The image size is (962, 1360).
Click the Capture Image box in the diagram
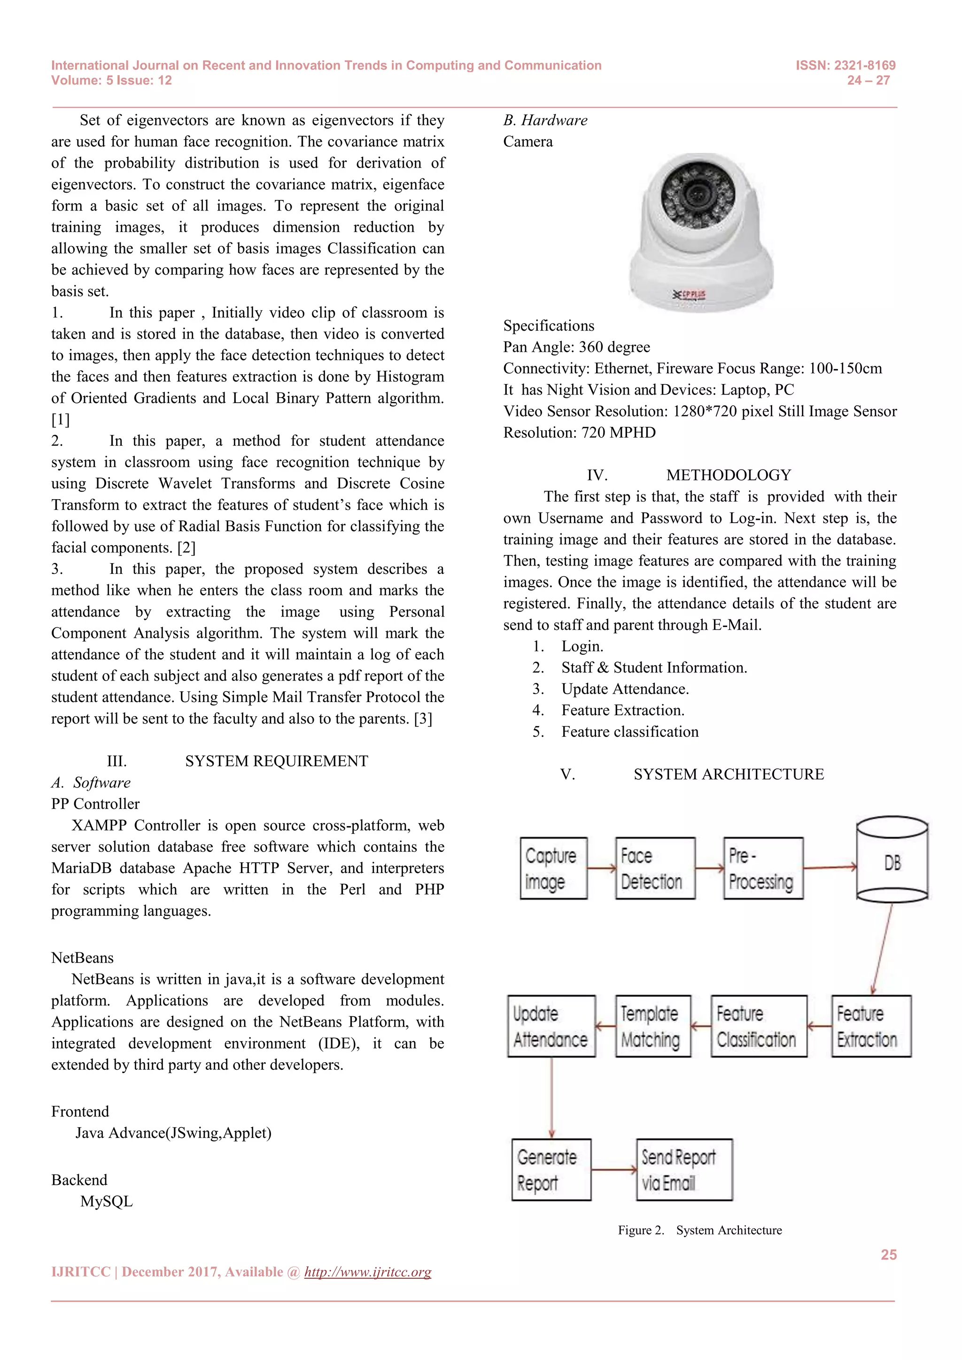(553, 868)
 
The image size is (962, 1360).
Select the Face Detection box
(655, 868)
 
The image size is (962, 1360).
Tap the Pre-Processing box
(763, 868)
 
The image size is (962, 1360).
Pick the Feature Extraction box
(871, 1026)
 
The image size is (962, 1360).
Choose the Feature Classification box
(758, 1026)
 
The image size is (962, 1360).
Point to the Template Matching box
(653, 1026)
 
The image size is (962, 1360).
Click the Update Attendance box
(551, 1026)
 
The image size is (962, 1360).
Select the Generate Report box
(551, 1170)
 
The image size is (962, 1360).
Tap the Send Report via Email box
(684, 1170)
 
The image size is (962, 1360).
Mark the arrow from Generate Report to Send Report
(613, 1170)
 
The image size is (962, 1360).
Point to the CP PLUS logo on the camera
(690, 294)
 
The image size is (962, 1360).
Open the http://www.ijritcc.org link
(367, 1272)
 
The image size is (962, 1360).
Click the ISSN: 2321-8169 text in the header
(846, 65)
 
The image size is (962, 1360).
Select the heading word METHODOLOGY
(728, 475)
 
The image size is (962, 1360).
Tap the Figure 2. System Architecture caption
(699, 1230)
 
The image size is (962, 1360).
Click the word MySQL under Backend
(107, 1201)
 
